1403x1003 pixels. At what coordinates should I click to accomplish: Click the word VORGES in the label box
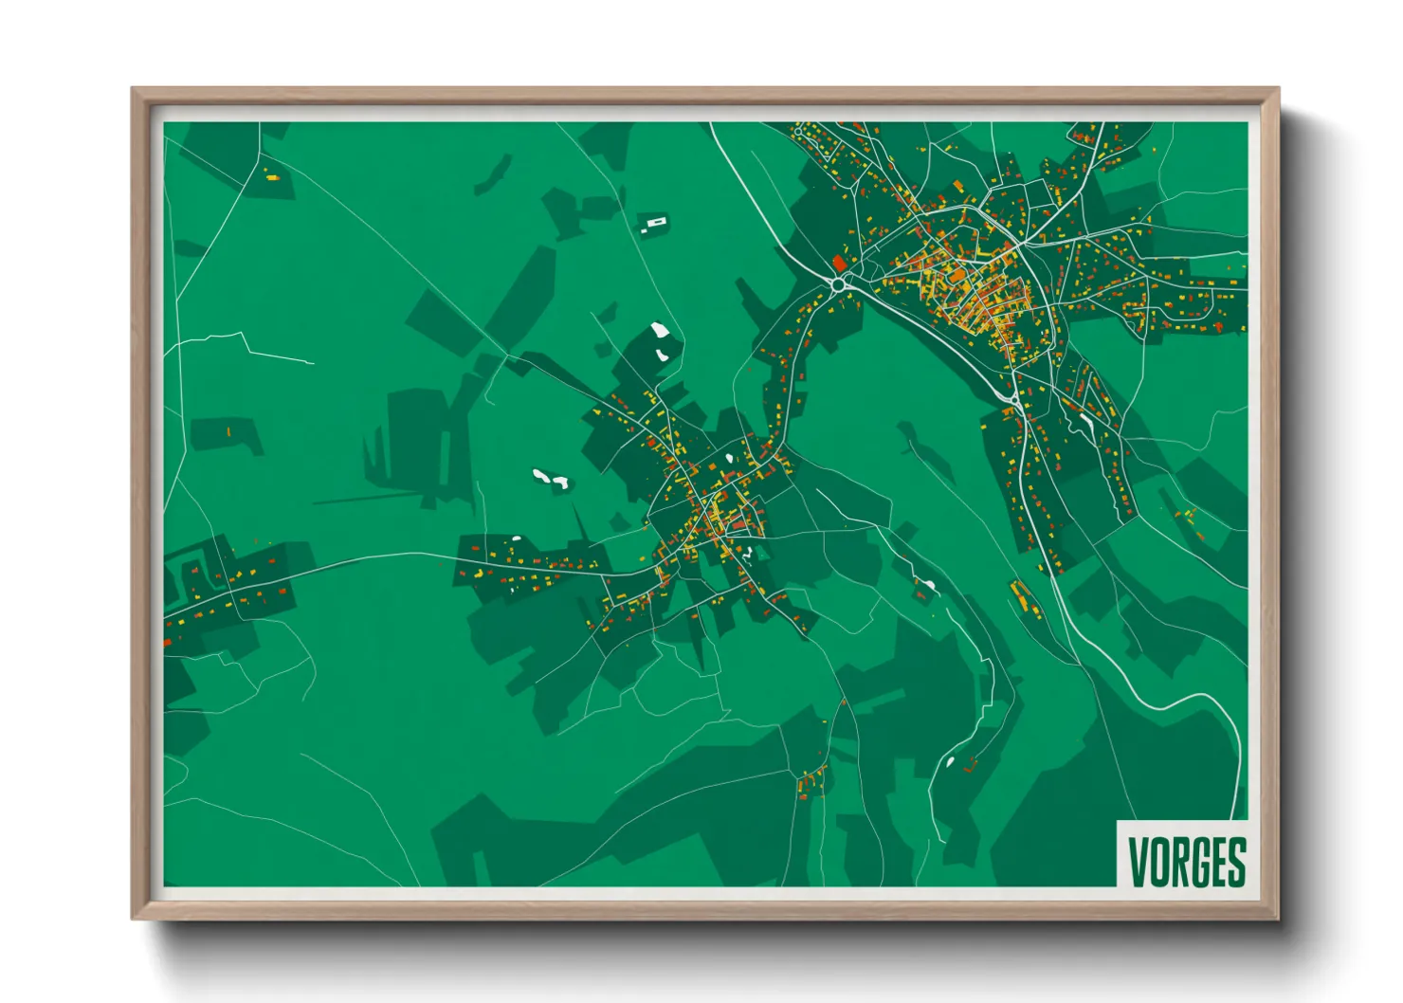pyautogui.click(x=1187, y=861)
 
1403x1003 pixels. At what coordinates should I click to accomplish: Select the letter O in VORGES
pyautogui.click(x=1158, y=861)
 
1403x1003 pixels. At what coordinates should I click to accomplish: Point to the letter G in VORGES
pyautogui.click(x=1198, y=861)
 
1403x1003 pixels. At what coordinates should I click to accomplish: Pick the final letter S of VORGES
pyautogui.click(x=1236, y=861)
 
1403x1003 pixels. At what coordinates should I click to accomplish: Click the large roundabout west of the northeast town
pyautogui.click(x=838, y=283)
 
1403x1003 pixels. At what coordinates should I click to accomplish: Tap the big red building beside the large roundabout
pyautogui.click(x=838, y=262)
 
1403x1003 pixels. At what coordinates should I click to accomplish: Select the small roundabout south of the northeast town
pyautogui.click(x=1015, y=401)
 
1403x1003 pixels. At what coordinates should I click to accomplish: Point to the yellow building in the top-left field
pyautogui.click(x=271, y=175)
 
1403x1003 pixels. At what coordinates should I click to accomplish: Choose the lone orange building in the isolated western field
pyautogui.click(x=228, y=432)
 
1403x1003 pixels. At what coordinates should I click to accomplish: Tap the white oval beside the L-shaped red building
pyautogui.click(x=950, y=760)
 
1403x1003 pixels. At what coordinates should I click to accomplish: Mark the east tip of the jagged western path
pyautogui.click(x=313, y=362)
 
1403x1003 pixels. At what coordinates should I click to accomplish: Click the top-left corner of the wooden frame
pyautogui.click(x=133, y=89)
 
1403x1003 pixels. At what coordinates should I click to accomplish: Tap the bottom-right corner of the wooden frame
pyautogui.click(x=1278, y=918)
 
